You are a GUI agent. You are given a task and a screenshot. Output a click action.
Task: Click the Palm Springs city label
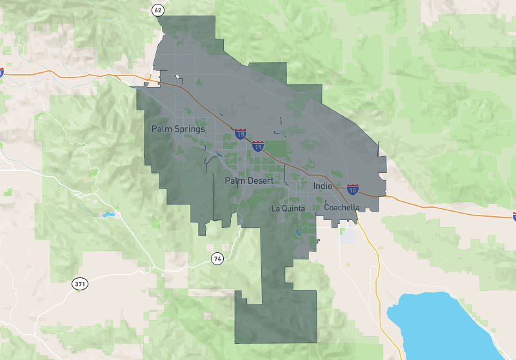[178, 129]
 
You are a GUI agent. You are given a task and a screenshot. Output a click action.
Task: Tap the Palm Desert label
[249, 181]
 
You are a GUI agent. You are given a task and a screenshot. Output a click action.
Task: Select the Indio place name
[322, 186]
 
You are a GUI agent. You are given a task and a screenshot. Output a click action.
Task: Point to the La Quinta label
[288, 208]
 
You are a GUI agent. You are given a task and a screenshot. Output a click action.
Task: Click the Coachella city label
[342, 208]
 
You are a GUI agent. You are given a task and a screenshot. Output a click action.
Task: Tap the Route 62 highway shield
[158, 10]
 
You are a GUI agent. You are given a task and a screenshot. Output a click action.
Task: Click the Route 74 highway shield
[217, 259]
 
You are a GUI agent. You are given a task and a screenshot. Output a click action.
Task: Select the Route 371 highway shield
[79, 284]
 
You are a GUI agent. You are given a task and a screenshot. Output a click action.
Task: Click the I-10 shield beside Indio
[352, 189]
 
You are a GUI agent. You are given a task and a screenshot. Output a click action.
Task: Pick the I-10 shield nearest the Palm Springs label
[241, 134]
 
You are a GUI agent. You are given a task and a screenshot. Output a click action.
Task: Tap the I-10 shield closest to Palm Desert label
[257, 146]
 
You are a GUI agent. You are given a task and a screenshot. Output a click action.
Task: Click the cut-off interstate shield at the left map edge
[1, 72]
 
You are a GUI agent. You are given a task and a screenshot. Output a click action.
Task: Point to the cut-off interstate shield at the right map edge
[514, 216]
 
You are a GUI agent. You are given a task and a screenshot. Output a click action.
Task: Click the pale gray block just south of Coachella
[348, 235]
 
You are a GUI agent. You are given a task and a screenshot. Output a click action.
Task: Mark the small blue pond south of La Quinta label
[298, 233]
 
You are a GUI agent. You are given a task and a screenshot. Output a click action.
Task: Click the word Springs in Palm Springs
[190, 129]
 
